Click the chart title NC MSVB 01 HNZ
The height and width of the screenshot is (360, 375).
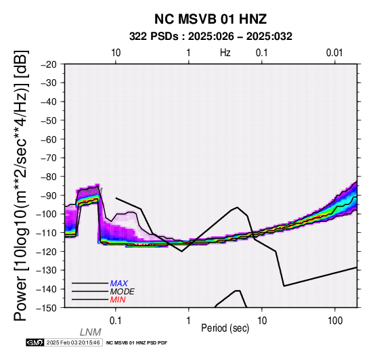[x=211, y=19]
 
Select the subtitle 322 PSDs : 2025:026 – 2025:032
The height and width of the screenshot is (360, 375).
[x=211, y=37]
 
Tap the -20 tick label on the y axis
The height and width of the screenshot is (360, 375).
[x=49, y=64]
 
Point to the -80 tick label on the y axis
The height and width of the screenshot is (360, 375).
[x=49, y=177]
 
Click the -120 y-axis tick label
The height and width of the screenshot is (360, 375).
[x=47, y=252]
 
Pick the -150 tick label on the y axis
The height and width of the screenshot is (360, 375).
[x=47, y=308]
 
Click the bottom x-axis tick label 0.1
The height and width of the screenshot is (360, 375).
[x=116, y=321]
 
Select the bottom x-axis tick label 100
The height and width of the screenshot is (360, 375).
[x=335, y=321]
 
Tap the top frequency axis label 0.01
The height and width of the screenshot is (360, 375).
[x=334, y=53]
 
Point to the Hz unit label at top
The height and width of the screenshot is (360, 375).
[x=225, y=53]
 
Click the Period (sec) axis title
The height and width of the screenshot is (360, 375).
[x=225, y=328]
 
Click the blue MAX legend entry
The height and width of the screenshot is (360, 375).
[x=119, y=284]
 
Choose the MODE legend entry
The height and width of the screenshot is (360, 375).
[x=123, y=292]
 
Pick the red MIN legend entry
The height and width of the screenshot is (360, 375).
[x=118, y=300]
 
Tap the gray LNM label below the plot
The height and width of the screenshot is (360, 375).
[x=91, y=332]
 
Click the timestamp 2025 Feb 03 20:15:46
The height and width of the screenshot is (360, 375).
[x=73, y=342]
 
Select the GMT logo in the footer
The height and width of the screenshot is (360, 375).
[x=35, y=342]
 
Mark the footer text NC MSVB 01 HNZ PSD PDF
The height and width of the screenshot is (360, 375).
[x=137, y=343]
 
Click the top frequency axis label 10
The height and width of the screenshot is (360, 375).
[x=116, y=53]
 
